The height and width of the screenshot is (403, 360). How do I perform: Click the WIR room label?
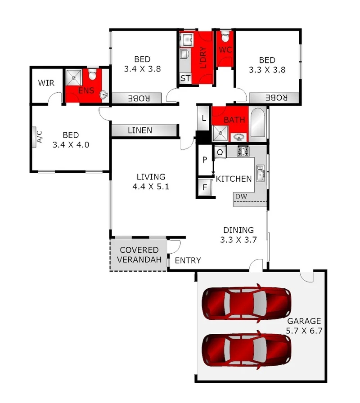46,83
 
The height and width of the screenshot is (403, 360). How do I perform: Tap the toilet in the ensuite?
93,74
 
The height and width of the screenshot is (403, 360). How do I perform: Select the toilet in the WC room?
225,36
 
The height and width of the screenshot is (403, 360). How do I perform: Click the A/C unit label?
38,137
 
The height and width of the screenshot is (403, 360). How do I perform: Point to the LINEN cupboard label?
139,130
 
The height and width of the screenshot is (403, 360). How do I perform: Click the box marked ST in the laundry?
185,78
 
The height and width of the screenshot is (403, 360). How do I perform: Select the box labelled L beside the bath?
204,118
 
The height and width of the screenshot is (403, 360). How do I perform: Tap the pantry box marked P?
205,160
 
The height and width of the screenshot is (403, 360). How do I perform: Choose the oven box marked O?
220,152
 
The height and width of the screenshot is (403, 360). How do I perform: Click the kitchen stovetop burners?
243,151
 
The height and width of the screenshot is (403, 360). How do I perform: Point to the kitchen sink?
260,172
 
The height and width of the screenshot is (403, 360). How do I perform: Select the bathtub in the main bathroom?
257,123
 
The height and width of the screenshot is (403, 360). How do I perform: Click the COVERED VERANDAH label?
139,255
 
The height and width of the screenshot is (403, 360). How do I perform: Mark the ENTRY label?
188,260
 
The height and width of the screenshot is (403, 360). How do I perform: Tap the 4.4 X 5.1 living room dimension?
151,187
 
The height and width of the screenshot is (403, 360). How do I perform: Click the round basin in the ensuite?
104,94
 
